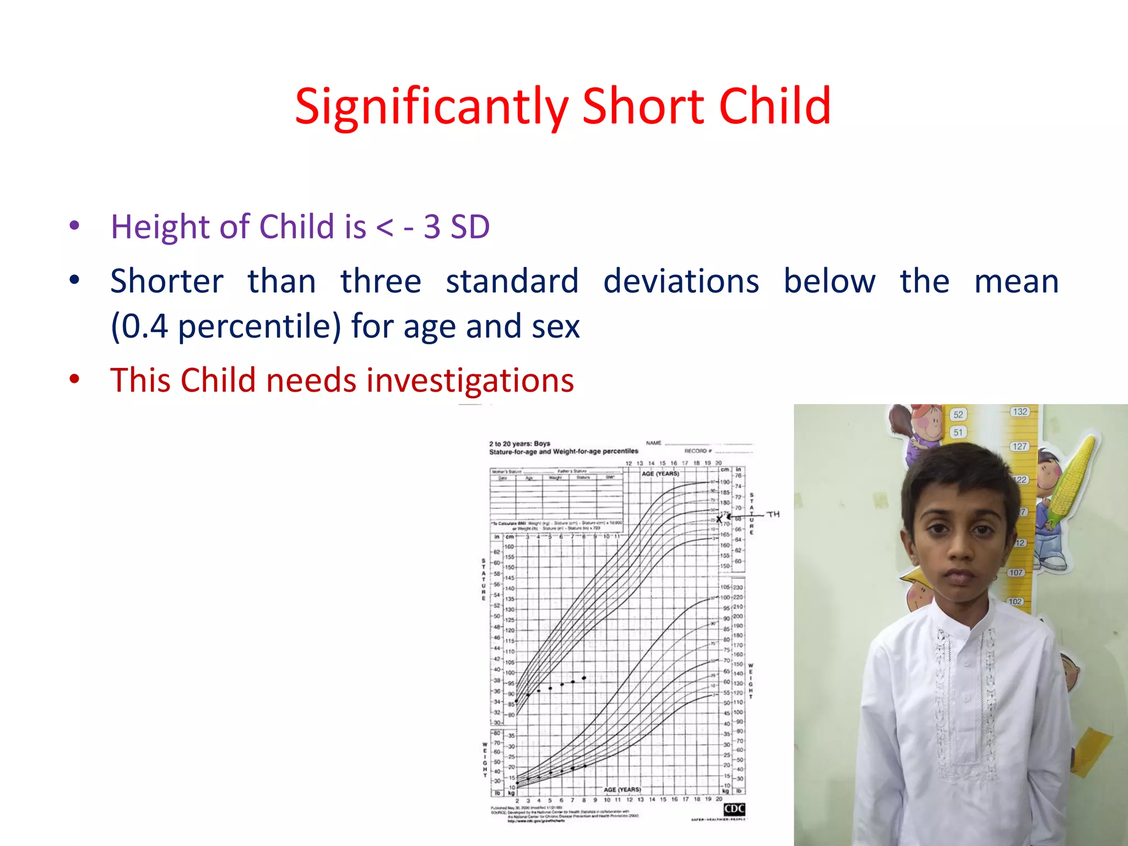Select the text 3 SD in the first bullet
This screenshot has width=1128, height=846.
click(x=457, y=226)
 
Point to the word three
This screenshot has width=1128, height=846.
click(x=381, y=281)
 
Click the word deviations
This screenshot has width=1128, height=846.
click(x=681, y=281)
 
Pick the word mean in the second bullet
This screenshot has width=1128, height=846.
click(x=1016, y=281)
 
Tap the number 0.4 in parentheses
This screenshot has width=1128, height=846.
click(x=144, y=326)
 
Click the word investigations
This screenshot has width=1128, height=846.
click(x=470, y=381)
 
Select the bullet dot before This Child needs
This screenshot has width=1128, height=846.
click(x=74, y=379)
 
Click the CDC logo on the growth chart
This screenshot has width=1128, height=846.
click(x=734, y=809)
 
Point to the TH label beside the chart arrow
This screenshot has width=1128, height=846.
click(x=773, y=514)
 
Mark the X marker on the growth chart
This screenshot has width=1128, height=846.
click(x=719, y=518)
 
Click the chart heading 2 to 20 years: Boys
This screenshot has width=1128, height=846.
click(x=519, y=443)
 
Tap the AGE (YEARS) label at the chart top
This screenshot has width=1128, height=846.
click(x=660, y=474)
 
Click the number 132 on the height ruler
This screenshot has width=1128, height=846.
click(x=1019, y=411)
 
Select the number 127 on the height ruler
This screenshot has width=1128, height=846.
click(x=1019, y=446)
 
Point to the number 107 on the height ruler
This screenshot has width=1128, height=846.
click(x=1016, y=572)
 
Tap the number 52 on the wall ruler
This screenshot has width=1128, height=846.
click(x=958, y=414)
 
